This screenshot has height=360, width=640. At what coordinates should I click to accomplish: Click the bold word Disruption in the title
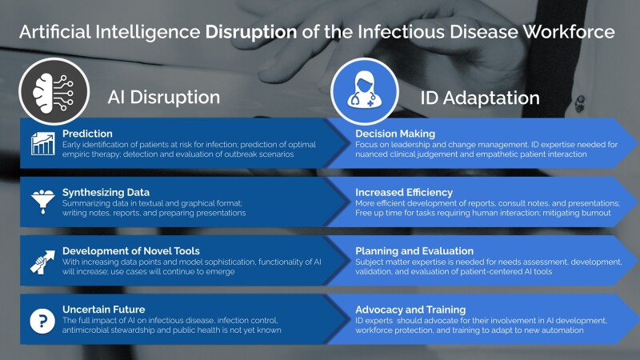[x=251, y=32]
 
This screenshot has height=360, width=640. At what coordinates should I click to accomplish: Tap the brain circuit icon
[x=54, y=92]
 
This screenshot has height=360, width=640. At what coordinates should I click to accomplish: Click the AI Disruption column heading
[x=164, y=97]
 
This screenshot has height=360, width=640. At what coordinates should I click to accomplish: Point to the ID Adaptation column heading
[x=480, y=98]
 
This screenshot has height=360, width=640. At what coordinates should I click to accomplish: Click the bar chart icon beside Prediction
[x=43, y=143]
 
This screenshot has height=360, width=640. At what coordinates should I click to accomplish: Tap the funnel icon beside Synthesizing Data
[x=43, y=202]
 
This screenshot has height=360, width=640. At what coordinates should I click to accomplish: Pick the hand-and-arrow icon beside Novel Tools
[x=42, y=262]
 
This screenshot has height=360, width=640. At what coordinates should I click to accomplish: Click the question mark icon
[x=42, y=321]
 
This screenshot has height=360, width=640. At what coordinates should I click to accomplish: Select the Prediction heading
[x=87, y=134]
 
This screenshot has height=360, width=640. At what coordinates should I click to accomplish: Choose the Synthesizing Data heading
[x=106, y=192]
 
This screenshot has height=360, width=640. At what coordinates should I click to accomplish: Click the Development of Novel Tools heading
[x=131, y=250]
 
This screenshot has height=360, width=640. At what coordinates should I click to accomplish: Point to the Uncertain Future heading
[x=104, y=310]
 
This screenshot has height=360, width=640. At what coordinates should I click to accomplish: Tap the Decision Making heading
[x=395, y=134]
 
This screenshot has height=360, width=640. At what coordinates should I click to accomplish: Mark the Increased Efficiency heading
[x=404, y=192]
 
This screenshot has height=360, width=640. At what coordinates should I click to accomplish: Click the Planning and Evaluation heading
[x=414, y=250]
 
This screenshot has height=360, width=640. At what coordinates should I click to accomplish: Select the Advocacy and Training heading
[x=410, y=310]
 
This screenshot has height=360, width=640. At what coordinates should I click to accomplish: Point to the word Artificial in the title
[x=55, y=32]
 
